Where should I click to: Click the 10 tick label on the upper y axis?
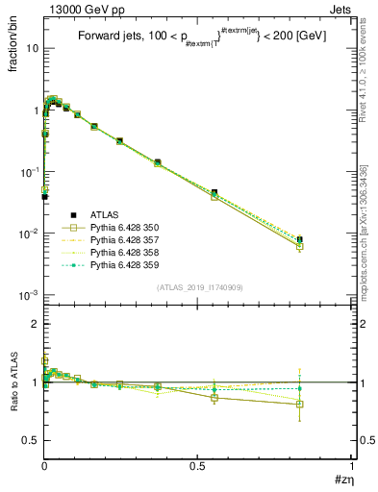(x=29, y=48)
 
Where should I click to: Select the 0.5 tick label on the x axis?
(x=198, y=465)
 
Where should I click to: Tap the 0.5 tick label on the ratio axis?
(x=31, y=440)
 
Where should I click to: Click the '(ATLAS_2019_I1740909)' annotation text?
(x=199, y=287)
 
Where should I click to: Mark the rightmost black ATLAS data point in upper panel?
(x=300, y=238)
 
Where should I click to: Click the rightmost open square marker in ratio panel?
(x=300, y=405)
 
